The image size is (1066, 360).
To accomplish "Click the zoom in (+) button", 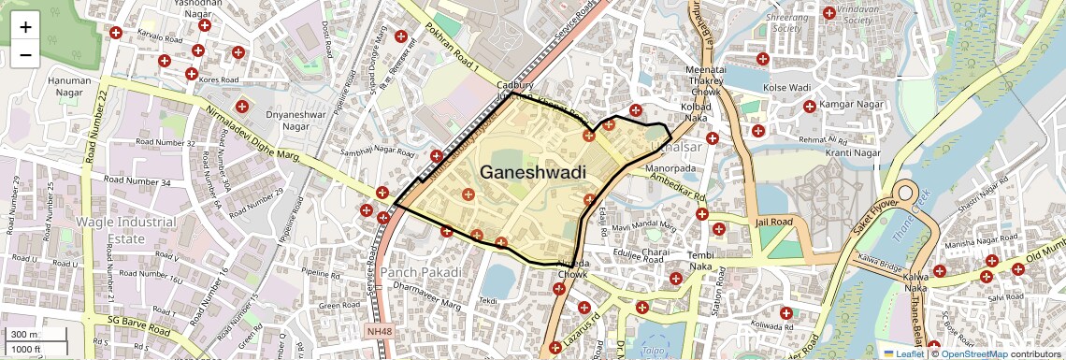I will (25, 26).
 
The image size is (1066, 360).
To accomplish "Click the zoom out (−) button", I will (25, 54).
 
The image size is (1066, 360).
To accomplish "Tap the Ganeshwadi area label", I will (532, 172).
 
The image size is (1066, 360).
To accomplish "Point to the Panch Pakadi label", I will (421, 272).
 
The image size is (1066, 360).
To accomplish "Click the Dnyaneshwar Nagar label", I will (274, 119).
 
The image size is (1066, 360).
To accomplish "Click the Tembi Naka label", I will (699, 262).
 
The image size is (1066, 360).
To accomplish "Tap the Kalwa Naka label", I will (921, 281).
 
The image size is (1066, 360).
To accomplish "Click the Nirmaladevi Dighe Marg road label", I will (250, 139).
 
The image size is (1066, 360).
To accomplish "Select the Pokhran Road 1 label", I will (451, 56).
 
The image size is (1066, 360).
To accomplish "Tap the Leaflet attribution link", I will (904, 353).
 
